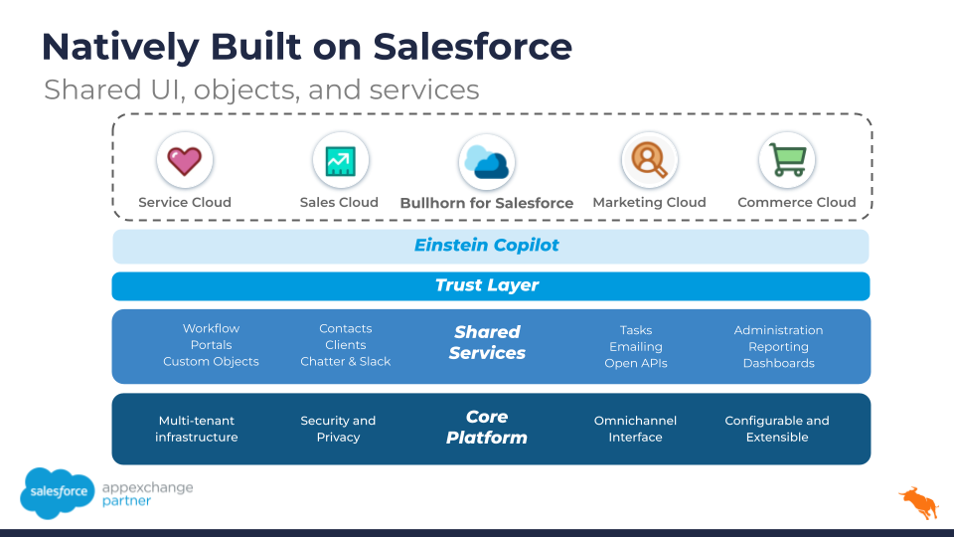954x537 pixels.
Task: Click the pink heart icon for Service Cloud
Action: point(185,161)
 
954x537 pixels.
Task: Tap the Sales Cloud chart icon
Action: point(340,161)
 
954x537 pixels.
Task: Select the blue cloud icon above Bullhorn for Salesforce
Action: point(487,162)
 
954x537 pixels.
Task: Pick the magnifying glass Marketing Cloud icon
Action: point(649,160)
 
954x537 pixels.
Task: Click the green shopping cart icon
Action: point(787,159)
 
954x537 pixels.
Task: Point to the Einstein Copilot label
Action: point(487,246)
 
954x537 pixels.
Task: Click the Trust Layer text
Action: point(487,285)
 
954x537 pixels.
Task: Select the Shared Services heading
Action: point(487,342)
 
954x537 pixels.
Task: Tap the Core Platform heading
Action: point(487,427)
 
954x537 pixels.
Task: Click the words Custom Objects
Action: point(211,362)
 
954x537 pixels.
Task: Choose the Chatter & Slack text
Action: point(346,362)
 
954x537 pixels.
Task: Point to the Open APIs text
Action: point(636,364)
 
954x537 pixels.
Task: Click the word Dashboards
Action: point(779,364)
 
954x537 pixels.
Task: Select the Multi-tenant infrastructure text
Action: point(197,429)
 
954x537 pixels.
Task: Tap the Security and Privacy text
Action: point(338,429)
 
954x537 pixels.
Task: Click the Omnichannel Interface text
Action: point(635,429)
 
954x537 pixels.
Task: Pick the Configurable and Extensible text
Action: point(777,429)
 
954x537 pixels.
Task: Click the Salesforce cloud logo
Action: point(58,492)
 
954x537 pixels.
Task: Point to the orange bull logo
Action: point(919,503)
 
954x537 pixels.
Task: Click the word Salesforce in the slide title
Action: point(473,47)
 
